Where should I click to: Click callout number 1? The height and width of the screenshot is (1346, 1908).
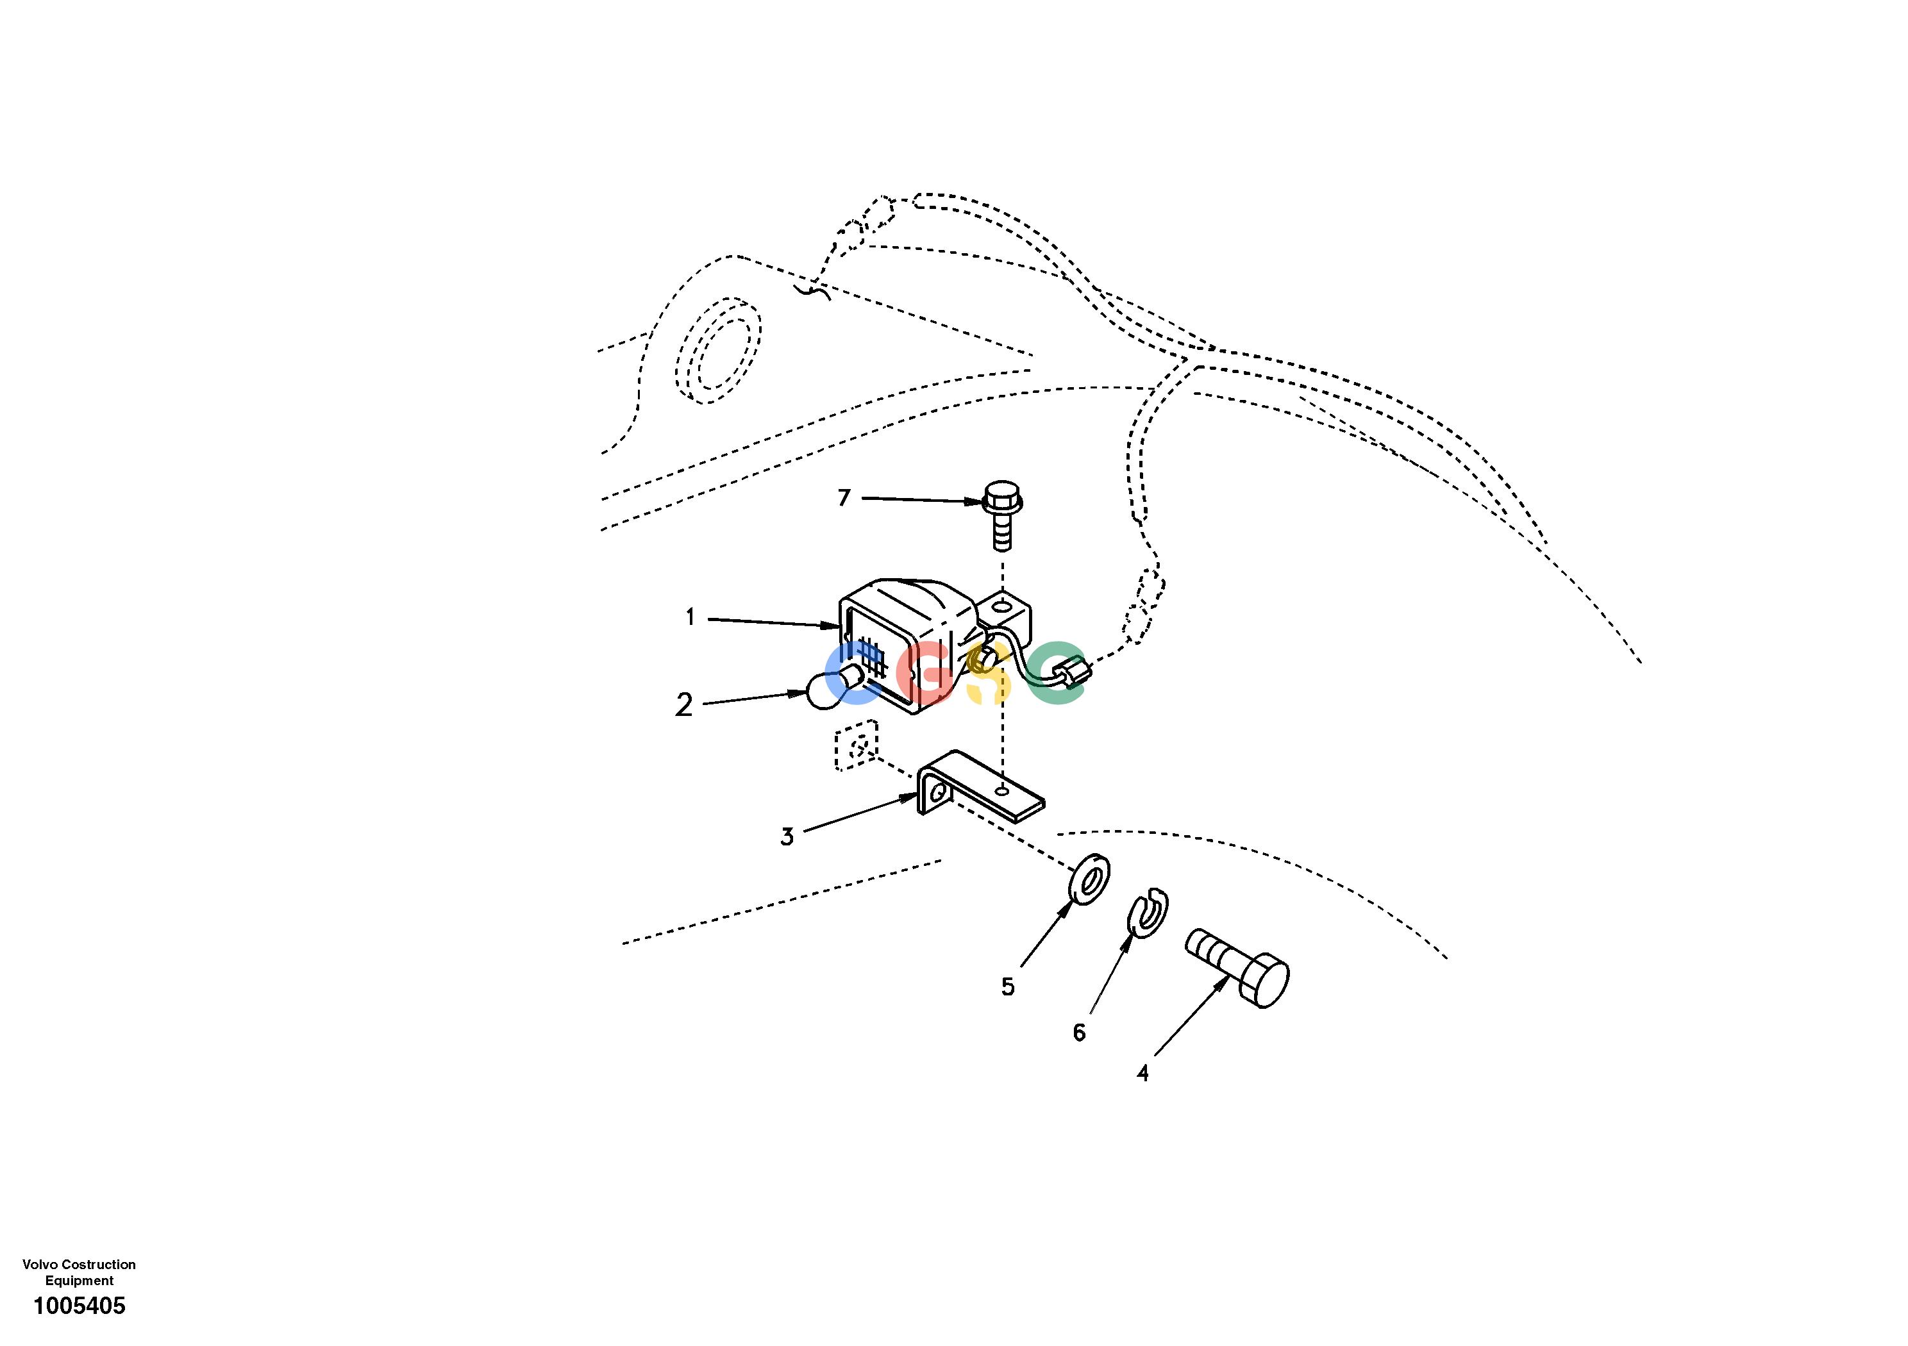click(x=690, y=617)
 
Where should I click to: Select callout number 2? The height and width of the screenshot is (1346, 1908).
click(x=684, y=704)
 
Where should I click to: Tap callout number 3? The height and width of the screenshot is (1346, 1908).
click(x=787, y=836)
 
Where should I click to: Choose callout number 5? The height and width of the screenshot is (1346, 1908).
click(x=1008, y=987)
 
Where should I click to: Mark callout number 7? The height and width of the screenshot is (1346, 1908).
click(x=844, y=497)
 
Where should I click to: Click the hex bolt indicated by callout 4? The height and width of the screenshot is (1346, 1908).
click(x=1237, y=967)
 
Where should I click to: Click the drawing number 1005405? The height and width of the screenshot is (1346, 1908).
click(x=79, y=1306)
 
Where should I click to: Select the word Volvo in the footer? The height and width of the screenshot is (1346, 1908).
click(x=40, y=1265)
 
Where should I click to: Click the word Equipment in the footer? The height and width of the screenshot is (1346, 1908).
click(x=79, y=1281)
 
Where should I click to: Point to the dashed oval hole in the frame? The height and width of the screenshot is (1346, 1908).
click(x=718, y=350)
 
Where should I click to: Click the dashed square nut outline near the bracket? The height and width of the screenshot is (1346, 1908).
click(x=856, y=745)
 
